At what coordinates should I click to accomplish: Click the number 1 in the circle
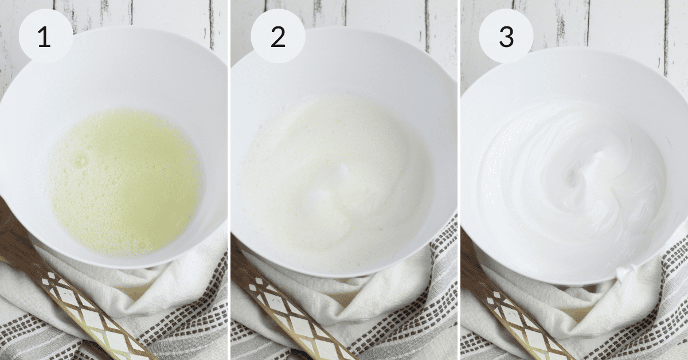(44, 37)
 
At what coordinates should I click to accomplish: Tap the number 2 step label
(278, 37)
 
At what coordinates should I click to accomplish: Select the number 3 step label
(506, 37)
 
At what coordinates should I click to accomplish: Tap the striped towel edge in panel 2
(442, 276)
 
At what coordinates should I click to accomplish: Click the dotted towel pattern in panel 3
(673, 276)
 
